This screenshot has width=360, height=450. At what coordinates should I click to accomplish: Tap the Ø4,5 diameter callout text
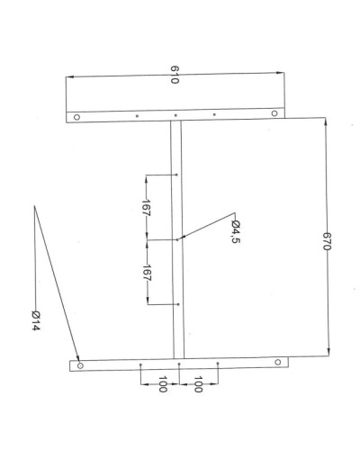236,232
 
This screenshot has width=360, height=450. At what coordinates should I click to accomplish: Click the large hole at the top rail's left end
77,117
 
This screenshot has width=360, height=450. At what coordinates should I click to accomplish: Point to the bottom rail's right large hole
277,362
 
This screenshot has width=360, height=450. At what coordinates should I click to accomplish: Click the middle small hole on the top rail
175,115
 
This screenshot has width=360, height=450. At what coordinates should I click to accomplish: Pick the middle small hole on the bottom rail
180,364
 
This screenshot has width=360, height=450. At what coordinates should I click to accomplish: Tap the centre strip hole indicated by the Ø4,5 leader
178,239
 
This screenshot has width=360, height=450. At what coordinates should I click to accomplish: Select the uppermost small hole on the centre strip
176,175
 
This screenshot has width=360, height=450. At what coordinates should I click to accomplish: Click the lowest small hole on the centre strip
179,304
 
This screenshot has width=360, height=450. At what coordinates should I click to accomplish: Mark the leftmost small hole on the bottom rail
141,364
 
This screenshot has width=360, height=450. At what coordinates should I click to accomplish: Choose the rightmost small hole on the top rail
214,114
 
